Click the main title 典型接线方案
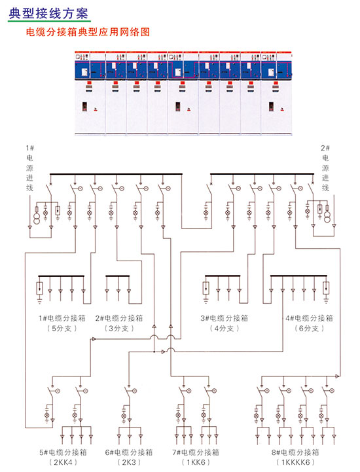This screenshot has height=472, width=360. pyautogui.click(x=48, y=14)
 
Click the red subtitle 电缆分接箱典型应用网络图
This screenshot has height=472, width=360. pyautogui.click(x=88, y=32)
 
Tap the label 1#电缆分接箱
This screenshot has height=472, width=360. pyautogui.click(x=62, y=318)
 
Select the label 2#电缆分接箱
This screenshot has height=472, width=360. pyautogui.click(x=119, y=318)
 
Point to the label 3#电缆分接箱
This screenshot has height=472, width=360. pyautogui.click(x=225, y=318)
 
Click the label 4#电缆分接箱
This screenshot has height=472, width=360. pyautogui.click(x=309, y=318)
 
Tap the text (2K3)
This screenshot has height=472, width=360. pyautogui.click(x=129, y=462)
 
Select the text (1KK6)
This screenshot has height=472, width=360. pyautogui.click(x=196, y=462)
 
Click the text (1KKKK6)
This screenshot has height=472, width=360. pyautogui.click(x=295, y=462)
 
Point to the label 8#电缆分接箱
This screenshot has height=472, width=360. pyautogui.click(x=295, y=452)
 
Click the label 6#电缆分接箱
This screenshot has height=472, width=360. pyautogui.click(x=129, y=452)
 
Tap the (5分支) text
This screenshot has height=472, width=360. pyautogui.click(x=62, y=329)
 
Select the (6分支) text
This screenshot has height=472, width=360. pyautogui.click(x=309, y=329)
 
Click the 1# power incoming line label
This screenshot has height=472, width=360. pyautogui.click(x=29, y=168)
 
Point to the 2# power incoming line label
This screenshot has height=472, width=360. pyautogui.click(x=325, y=168)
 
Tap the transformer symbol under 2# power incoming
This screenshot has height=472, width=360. pyautogui.click(x=327, y=217)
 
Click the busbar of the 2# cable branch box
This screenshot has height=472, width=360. pyautogui.click(x=118, y=276)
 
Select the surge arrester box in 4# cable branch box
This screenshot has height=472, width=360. pyautogui.click(x=326, y=288)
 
